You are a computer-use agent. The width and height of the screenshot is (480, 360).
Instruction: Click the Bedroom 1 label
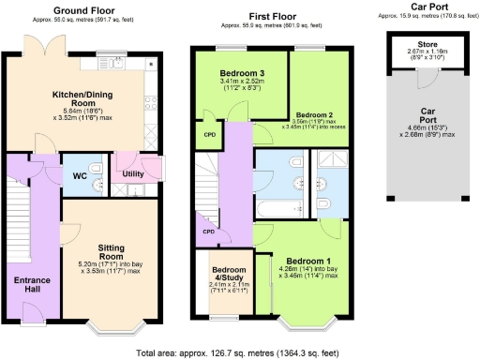tap(308, 259)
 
